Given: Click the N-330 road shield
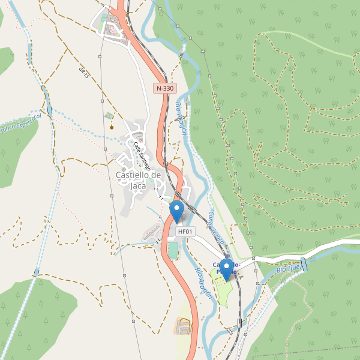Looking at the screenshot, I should click(x=164, y=88).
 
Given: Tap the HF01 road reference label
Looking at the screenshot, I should click(x=185, y=231).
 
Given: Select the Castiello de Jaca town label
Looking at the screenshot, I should click(x=139, y=180).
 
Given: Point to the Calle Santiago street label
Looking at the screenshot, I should click(x=142, y=154).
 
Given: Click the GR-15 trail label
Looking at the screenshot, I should click(x=83, y=73).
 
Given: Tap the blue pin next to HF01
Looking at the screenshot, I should click(x=177, y=211).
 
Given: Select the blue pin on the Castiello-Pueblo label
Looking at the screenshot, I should click(x=226, y=269).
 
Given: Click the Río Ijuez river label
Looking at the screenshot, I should click(x=290, y=268).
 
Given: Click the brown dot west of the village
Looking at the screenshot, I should click(x=112, y=127).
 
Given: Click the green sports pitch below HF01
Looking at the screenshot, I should click(x=173, y=250).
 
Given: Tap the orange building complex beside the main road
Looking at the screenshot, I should click(x=184, y=326).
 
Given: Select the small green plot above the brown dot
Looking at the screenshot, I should click(x=108, y=115).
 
